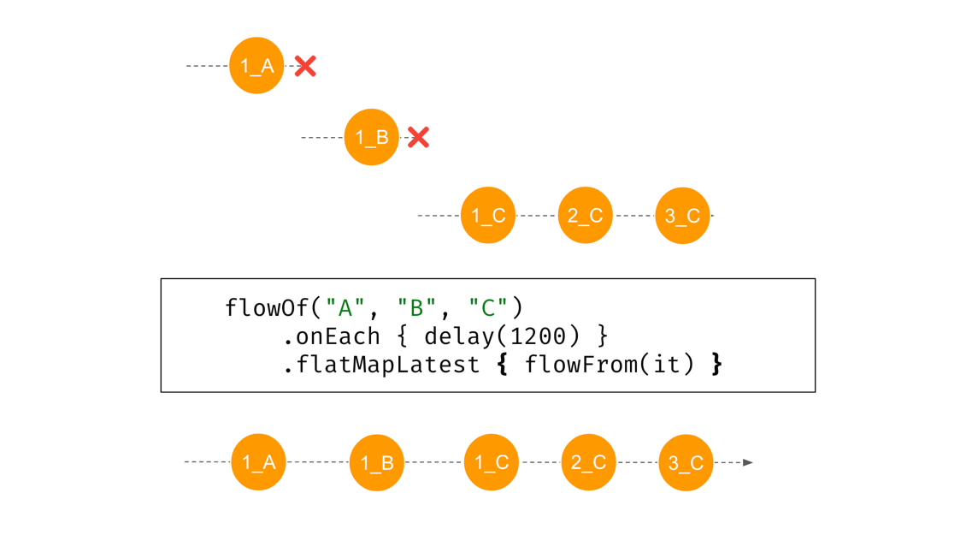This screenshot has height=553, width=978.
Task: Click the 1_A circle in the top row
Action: pyautogui.click(x=256, y=66)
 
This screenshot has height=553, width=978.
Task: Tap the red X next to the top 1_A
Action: pyautogui.click(x=305, y=66)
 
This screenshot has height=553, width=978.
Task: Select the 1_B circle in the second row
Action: pyautogui.click(x=371, y=137)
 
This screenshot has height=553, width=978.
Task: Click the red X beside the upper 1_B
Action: pyautogui.click(x=418, y=137)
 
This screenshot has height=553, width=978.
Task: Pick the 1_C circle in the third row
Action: pyautogui.click(x=488, y=216)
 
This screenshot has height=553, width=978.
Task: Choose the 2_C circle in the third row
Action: pyautogui.click(x=586, y=216)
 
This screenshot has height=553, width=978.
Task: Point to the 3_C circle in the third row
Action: pyautogui.click(x=682, y=216)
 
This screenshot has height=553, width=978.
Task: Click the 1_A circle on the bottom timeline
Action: pyautogui.click(x=258, y=462)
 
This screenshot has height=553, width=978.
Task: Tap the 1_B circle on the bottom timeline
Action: pyautogui.click(x=376, y=462)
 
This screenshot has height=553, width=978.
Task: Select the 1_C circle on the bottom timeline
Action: pyautogui.click(x=492, y=462)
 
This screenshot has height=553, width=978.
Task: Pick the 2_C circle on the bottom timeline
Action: pyautogui.click(x=588, y=462)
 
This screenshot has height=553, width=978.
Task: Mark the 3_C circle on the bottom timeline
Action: pyautogui.click(x=686, y=462)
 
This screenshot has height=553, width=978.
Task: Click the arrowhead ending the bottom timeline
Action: pyautogui.click(x=748, y=462)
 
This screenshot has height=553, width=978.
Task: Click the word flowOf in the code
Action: pyautogui.click(x=268, y=307)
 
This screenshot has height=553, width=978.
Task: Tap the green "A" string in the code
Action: pyautogui.click(x=346, y=307)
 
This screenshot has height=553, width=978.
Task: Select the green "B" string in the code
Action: pyautogui.click(x=417, y=307)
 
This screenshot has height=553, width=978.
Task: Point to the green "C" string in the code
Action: pyautogui.click(x=488, y=307)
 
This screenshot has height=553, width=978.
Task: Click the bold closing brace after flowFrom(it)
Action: pyautogui.click(x=716, y=365)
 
